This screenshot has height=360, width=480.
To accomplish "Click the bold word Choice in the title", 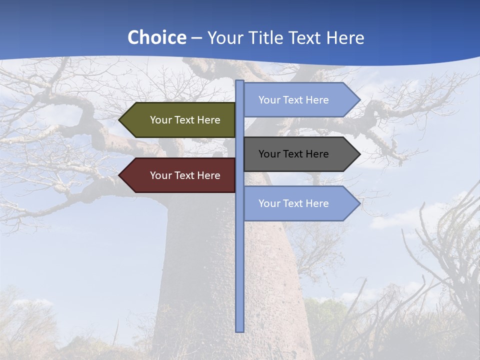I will (156, 37).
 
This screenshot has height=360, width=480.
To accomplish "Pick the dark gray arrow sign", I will (297, 154).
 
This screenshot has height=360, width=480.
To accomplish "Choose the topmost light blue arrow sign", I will (297, 100).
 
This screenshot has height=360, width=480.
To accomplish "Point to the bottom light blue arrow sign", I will (297, 203).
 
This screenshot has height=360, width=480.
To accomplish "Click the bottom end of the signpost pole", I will (240, 330).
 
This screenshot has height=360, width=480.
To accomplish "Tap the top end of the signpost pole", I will (240, 81).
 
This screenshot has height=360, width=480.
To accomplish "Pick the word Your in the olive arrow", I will (161, 120).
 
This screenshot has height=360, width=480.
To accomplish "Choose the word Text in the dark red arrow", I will (184, 175).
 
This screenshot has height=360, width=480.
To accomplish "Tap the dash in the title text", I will (196, 38).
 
